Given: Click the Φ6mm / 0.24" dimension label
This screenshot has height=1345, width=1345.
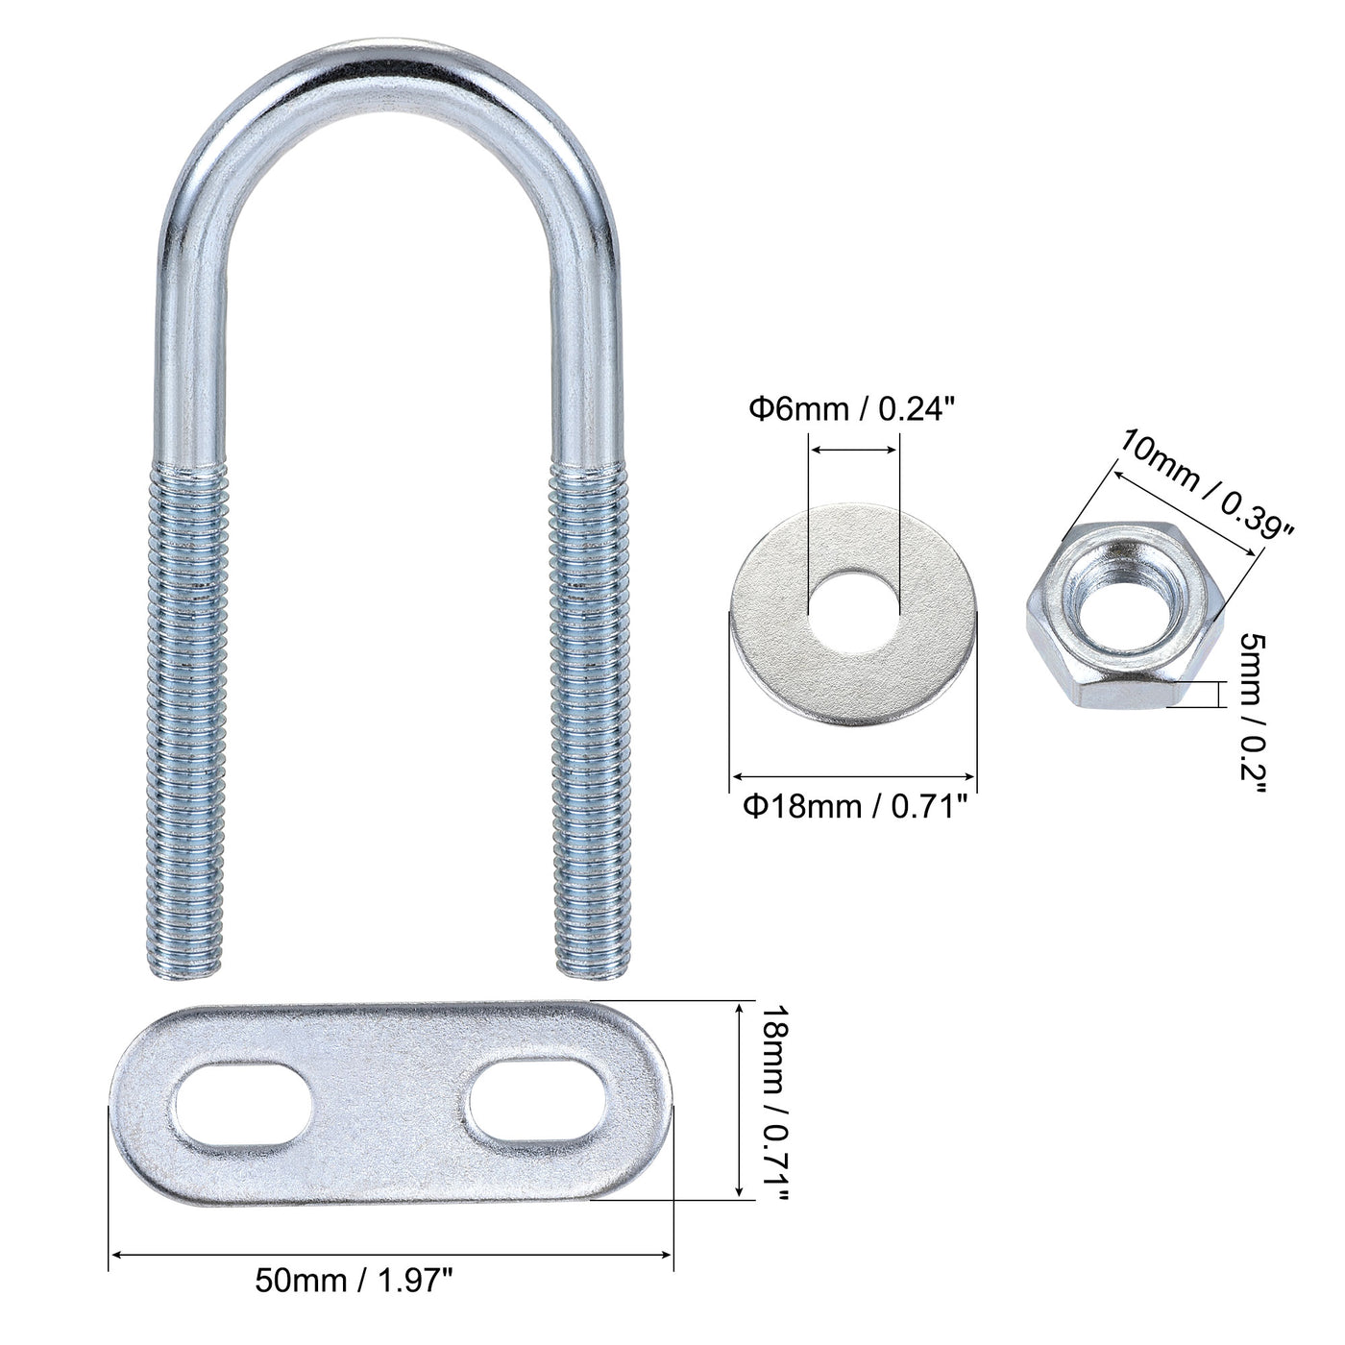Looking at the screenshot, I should click(x=852, y=409).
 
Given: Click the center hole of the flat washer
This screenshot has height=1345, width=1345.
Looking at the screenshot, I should click(x=854, y=607).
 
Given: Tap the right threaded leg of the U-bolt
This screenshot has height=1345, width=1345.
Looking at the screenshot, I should click(x=586, y=711).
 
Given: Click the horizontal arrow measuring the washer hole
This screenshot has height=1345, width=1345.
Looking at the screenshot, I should click(x=854, y=448).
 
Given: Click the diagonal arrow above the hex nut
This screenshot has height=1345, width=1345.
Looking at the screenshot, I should click(x=1184, y=509).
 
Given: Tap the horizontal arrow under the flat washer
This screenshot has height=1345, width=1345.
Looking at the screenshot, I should click(x=854, y=775).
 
